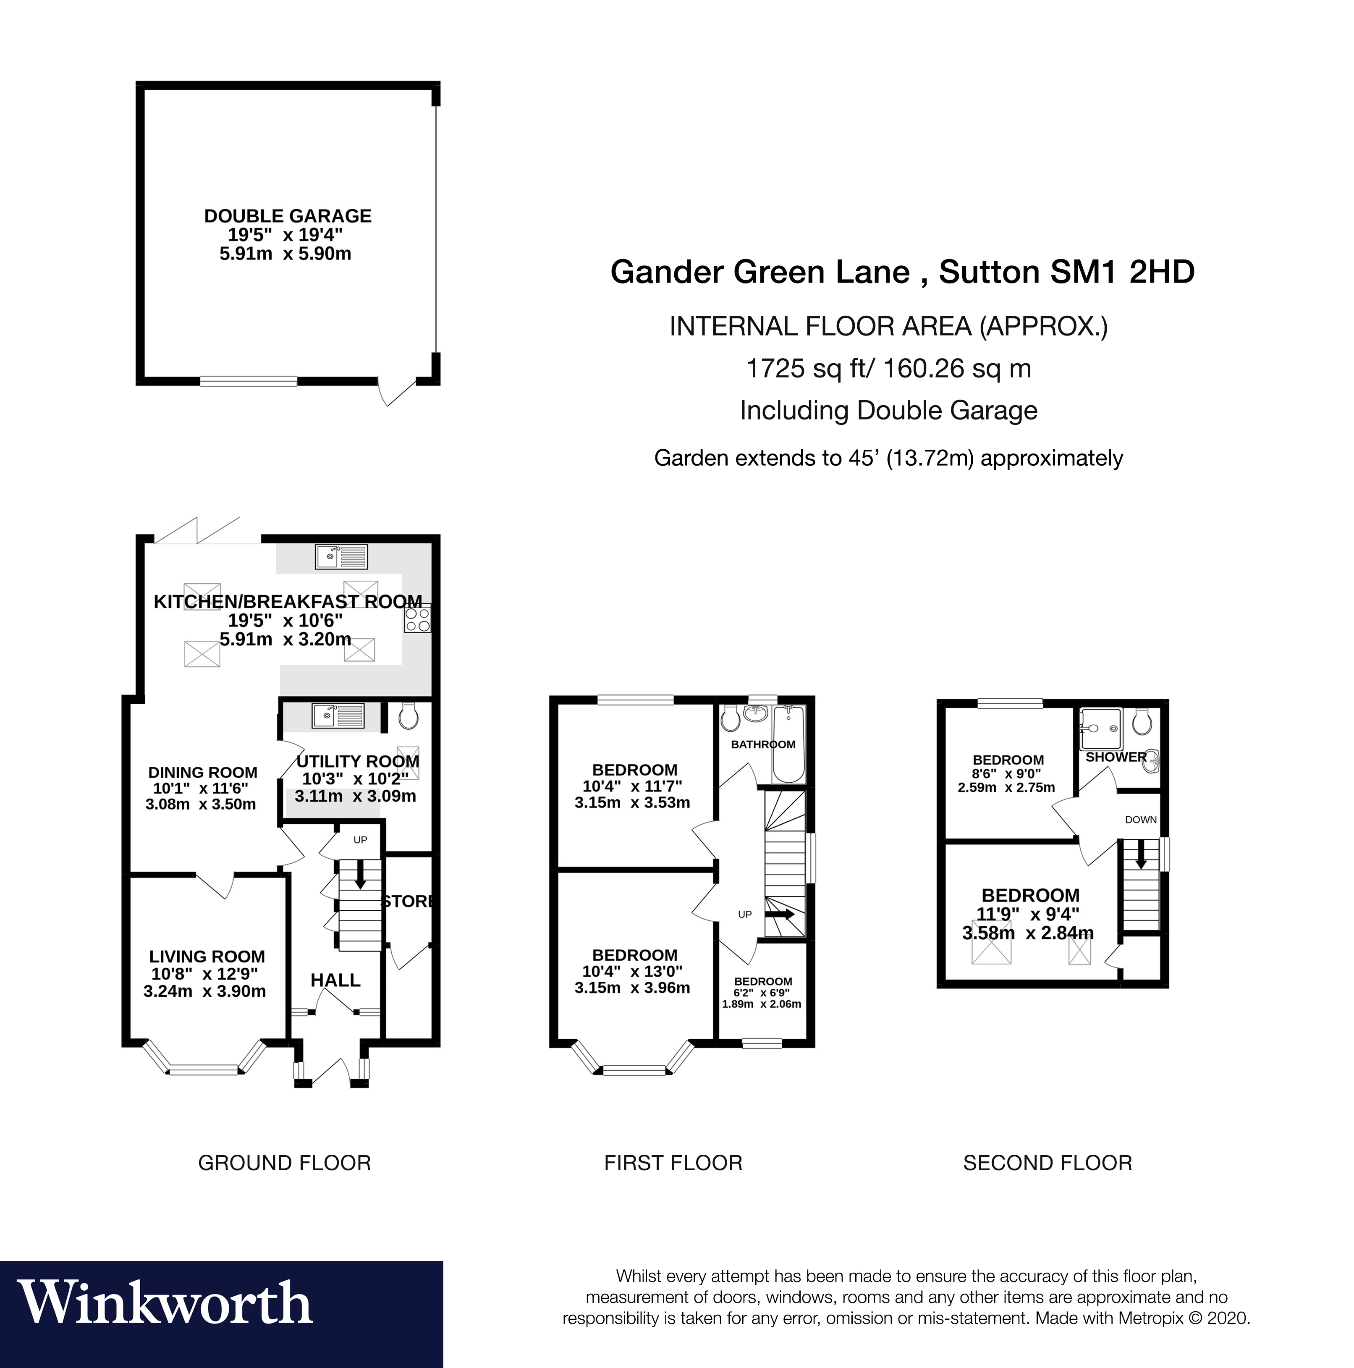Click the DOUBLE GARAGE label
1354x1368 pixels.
[288, 216]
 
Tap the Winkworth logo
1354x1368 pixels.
[164, 1302]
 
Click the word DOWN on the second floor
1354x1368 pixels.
[1141, 820]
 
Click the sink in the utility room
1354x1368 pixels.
[338, 716]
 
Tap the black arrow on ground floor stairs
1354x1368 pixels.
[360, 875]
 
